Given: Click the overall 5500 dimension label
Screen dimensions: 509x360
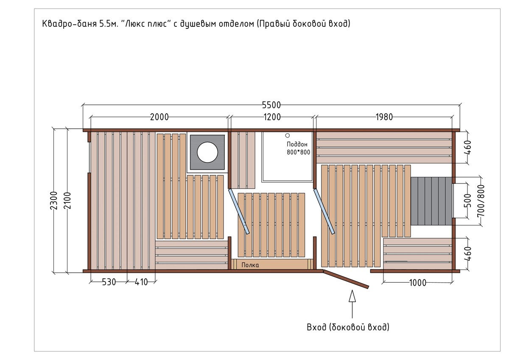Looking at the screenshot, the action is click(x=271, y=105).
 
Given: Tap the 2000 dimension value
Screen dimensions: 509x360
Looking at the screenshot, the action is click(x=159, y=117).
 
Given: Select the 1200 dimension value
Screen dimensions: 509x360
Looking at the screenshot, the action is click(x=272, y=117).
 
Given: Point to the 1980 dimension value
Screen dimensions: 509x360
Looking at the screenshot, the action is click(x=384, y=117).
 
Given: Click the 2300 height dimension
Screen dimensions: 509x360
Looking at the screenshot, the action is click(x=54, y=200).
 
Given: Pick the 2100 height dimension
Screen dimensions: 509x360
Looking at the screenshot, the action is click(x=67, y=200).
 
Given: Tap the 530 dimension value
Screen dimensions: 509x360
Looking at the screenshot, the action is click(x=109, y=282).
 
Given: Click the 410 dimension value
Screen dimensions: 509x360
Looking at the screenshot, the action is click(x=141, y=282).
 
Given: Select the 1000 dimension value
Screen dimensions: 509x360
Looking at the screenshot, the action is click(x=418, y=283).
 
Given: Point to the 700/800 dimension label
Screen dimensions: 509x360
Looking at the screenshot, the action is click(x=481, y=200).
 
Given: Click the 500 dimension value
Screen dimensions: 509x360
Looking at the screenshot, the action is click(x=468, y=200).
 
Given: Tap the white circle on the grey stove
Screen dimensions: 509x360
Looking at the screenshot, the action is click(x=207, y=152).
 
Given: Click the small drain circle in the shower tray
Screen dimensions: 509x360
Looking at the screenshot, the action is click(x=288, y=135).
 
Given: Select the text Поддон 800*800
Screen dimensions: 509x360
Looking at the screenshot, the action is click(x=298, y=148).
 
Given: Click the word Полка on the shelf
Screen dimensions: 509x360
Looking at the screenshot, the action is click(x=250, y=265).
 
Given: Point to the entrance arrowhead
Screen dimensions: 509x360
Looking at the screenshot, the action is click(x=352, y=296).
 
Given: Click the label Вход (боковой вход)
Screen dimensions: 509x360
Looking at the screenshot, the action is click(x=348, y=327).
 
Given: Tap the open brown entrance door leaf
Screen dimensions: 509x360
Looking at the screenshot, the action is click(x=346, y=279).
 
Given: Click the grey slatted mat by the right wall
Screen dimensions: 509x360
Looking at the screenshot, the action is click(x=431, y=201).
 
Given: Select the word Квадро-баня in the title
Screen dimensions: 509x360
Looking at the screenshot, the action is click(x=70, y=24).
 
